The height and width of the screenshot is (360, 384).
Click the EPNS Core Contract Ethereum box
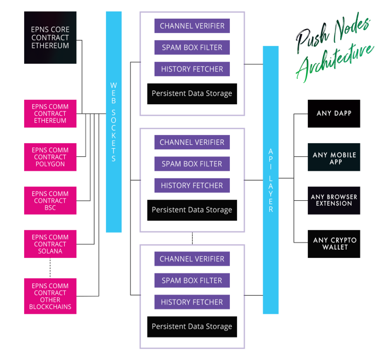coord(50,37)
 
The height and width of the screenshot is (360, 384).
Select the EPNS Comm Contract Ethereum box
coord(50,114)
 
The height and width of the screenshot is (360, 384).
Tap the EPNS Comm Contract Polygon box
coord(50,157)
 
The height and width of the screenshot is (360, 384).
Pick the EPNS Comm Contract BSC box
coord(50,201)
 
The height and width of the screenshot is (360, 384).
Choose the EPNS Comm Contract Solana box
coord(50,244)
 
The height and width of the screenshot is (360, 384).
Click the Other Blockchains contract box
coord(50,296)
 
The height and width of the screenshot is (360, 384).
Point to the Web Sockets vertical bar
coord(114,122)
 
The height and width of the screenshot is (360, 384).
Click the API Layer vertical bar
coord(270,180)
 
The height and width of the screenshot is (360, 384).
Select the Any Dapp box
coord(334,114)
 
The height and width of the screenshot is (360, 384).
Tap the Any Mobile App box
coord(334,157)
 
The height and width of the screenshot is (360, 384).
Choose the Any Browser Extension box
coord(334,201)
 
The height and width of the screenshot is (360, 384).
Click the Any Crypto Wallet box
coord(334,244)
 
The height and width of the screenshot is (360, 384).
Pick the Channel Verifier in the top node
coord(192,26)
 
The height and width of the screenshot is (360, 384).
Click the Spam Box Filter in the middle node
coord(192,164)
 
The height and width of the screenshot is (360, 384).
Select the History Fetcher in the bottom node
coord(192,302)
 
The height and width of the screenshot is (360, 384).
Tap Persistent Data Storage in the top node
coord(192,94)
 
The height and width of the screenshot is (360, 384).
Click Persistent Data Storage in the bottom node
coord(192,327)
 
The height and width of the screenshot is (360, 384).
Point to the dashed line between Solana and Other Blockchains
coord(50,268)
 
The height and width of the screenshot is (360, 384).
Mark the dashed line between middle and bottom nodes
coord(192,238)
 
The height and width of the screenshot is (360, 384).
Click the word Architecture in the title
coord(335,63)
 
